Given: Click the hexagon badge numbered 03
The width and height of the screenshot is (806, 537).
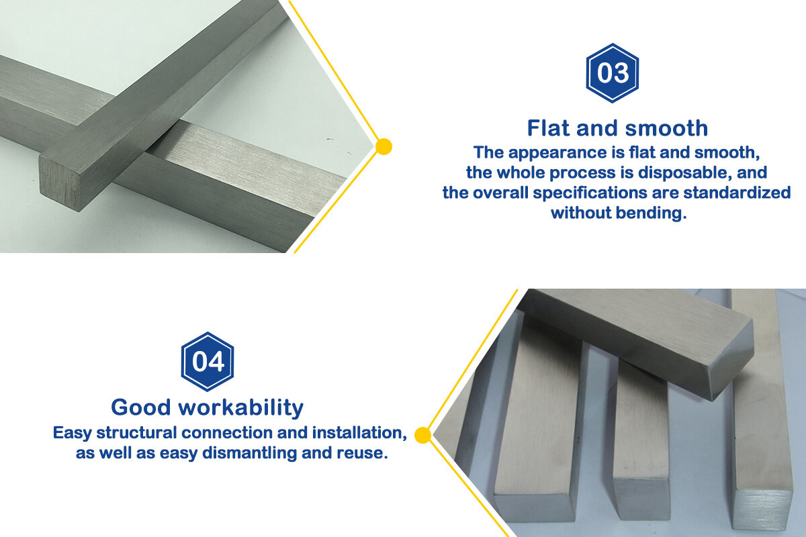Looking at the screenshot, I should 612,73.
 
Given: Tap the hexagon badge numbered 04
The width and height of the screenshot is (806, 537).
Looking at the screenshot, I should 208,362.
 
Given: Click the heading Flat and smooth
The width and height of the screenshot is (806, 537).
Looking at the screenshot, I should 617,128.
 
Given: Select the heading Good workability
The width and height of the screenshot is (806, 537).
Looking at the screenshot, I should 207,407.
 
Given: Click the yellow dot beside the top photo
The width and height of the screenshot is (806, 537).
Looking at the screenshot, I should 384,146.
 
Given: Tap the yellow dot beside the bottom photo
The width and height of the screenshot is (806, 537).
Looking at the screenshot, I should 422,436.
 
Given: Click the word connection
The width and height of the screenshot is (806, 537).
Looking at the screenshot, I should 224,433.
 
